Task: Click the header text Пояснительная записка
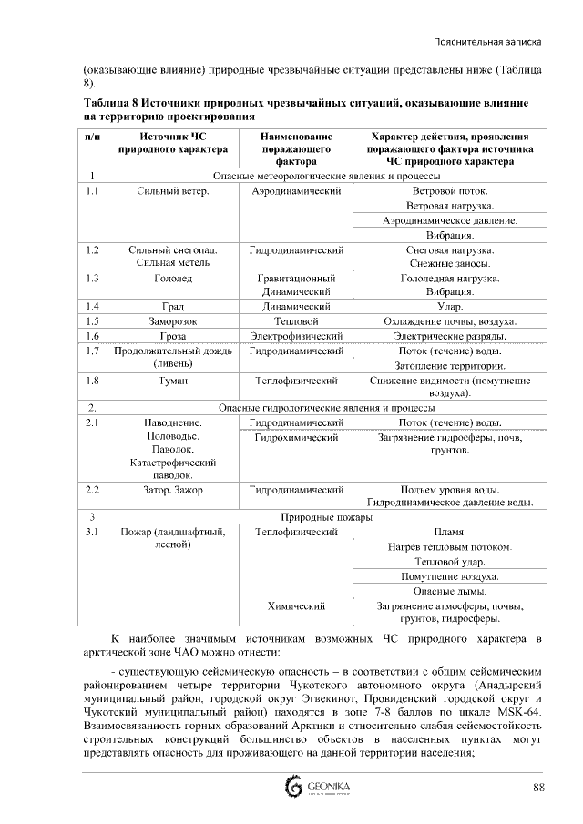(488, 42)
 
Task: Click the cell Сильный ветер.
(172, 191)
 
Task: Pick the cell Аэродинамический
(296, 191)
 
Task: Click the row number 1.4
(92, 307)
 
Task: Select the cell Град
(172, 307)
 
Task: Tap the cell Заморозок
(172, 321)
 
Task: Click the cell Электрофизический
(296, 336)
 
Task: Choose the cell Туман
(172, 380)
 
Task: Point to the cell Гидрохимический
(296, 438)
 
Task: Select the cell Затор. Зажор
(172, 489)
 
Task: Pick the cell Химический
(296, 605)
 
